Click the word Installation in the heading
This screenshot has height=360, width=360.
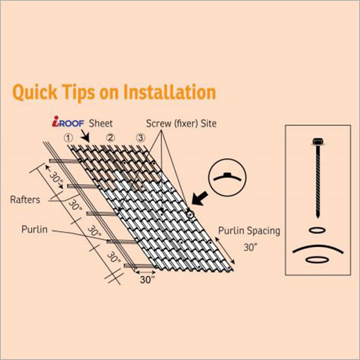(x=169, y=92)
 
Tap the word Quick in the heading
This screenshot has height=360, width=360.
(x=35, y=93)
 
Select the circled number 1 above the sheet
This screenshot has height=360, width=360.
(x=68, y=138)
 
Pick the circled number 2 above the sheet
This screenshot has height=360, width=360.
(x=111, y=138)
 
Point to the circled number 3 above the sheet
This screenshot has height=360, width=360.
(x=140, y=138)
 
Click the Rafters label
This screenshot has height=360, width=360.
(x=25, y=199)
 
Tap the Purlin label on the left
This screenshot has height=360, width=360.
(x=35, y=230)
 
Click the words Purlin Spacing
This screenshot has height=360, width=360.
(x=249, y=231)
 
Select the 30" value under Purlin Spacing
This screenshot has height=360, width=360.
(x=251, y=247)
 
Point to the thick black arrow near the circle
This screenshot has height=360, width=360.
(x=200, y=198)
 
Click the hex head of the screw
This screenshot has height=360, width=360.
(x=318, y=142)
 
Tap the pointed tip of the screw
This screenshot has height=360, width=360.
(x=318, y=217)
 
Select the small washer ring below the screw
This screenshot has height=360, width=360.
(x=318, y=230)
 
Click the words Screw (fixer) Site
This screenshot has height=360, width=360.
(x=181, y=123)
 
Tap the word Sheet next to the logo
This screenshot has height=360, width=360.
(x=101, y=123)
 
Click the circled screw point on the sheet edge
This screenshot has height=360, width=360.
(x=190, y=215)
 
